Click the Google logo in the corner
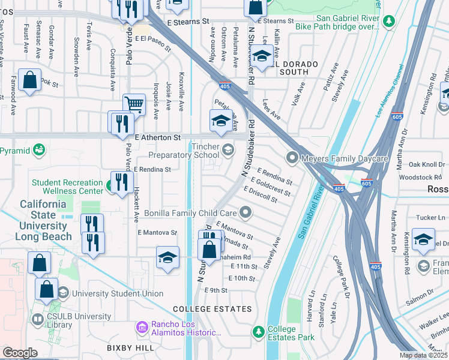pyautogui.click(x=20, y=353)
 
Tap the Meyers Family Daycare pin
pyautogui.click(x=292, y=158)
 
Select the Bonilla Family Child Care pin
pyautogui.click(x=245, y=212)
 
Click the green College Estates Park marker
pyautogui.click(x=258, y=331)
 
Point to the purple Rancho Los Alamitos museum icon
pyautogui.click(x=142, y=328)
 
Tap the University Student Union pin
pyautogui.click(x=63, y=293)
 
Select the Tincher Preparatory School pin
pyautogui.click(x=227, y=149)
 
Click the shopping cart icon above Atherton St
pyautogui.click(x=134, y=105)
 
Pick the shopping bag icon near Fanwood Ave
pyautogui.click(x=29, y=80)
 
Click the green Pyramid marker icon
pyautogui.click(x=40, y=149)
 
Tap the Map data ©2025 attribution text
pyautogui.click(x=424, y=355)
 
